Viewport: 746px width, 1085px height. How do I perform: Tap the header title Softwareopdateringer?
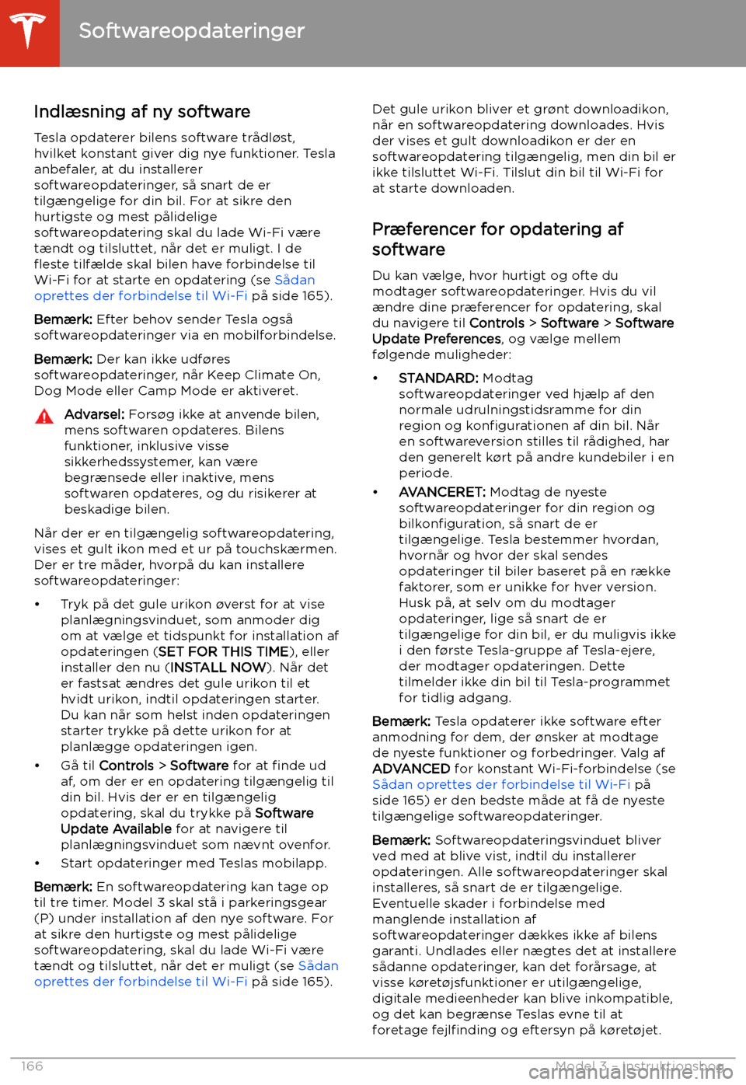pos(191,31)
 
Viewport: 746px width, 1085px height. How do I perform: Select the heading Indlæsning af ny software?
pos(141,112)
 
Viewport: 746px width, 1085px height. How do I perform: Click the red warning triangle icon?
pos(44,417)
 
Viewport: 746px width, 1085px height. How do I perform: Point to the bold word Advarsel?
pos(94,414)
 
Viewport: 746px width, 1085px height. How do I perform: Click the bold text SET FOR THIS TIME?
pos(223,651)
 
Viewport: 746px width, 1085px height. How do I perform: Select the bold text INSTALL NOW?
pos(218,667)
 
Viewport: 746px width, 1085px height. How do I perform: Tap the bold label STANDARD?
pos(438,378)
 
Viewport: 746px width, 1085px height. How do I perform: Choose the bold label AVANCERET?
pos(442,492)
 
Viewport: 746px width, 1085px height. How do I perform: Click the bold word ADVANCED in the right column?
pos(411,769)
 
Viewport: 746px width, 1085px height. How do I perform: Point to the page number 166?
pos(33,1066)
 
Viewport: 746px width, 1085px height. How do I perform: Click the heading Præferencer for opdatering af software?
pos(497,239)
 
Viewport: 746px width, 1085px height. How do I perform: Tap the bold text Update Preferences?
pos(437,339)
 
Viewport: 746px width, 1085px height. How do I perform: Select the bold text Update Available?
pos(116,829)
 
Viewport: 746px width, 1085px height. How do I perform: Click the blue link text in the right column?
pos(501,784)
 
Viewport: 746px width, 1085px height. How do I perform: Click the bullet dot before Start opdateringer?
pos(37,863)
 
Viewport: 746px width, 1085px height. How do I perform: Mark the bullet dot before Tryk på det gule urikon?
pos(37,605)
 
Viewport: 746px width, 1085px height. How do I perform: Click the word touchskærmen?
pos(286,549)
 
